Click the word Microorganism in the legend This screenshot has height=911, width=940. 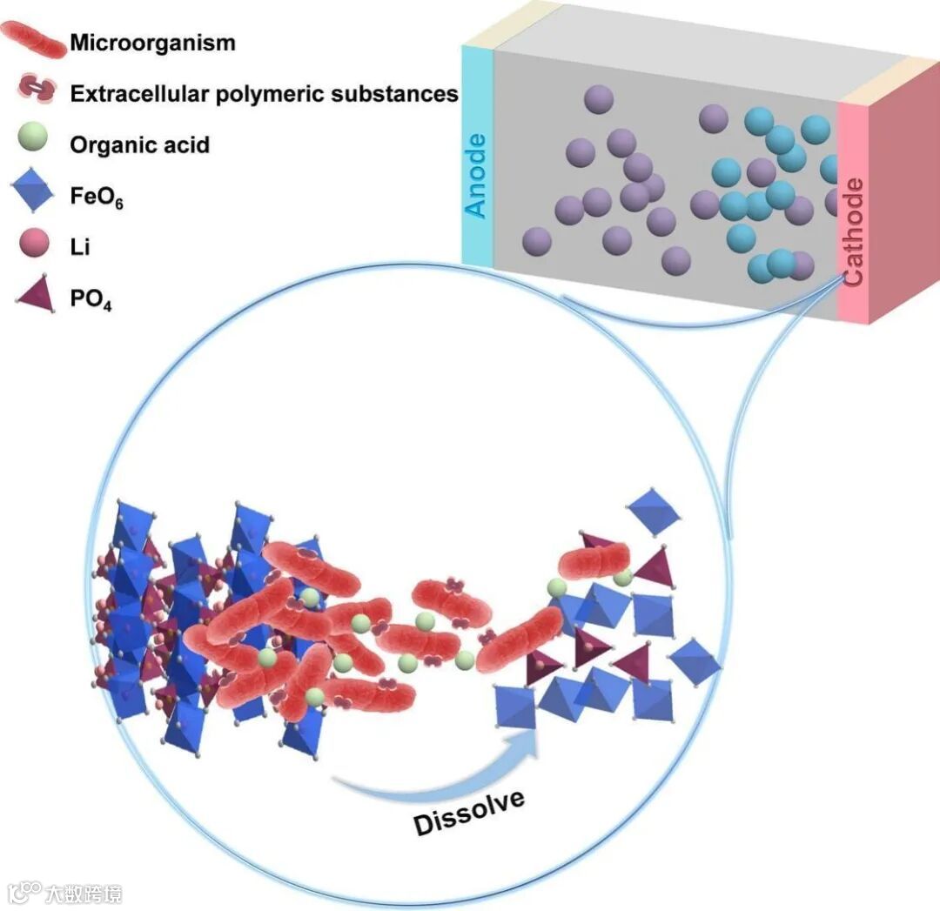152,42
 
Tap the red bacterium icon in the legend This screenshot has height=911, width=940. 34,40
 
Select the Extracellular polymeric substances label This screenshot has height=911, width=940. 265,93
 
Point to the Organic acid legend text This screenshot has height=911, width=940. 139,144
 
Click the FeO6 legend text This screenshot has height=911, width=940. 97,198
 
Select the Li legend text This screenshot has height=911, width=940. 79,248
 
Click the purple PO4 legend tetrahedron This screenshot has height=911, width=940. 33,297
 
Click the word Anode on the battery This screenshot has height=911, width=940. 476,174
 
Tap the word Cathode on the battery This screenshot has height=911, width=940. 853,231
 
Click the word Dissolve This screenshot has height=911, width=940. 470,812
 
